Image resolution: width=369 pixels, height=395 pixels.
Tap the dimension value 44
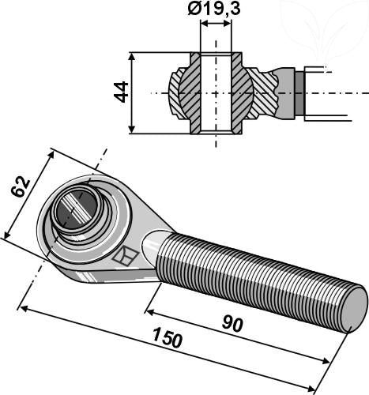pos(120,92)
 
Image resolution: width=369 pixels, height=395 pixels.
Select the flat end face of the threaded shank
pos(354,308)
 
